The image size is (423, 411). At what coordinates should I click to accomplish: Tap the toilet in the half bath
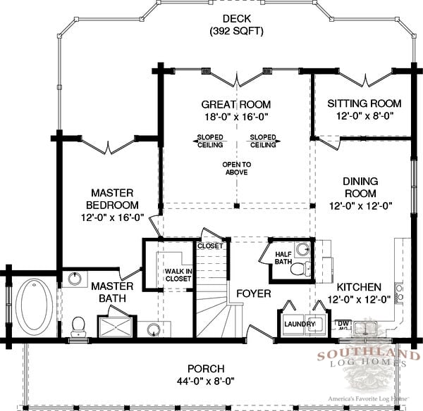coord(300,268)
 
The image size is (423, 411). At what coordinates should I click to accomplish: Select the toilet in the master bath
coord(78,326)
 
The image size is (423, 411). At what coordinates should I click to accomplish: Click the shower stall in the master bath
coord(116,327)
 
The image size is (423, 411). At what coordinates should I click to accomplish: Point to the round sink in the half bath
coord(302,249)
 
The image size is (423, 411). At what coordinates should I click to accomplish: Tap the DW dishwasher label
coord(343,323)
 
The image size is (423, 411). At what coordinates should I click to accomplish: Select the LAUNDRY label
coord(300,324)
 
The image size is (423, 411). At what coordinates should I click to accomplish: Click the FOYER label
coord(254,293)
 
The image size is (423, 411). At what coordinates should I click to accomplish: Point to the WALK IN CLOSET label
coord(178,274)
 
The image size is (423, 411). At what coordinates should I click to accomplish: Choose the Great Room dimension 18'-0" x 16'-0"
coord(236,117)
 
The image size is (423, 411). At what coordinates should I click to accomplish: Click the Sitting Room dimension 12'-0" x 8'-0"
coord(364,116)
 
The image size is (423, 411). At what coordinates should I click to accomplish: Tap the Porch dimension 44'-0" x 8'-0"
coord(206,381)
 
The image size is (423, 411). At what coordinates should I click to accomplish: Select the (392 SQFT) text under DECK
coord(237,31)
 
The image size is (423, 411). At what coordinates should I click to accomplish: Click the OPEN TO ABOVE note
coord(237,168)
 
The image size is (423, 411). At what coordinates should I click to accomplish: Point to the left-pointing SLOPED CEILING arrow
coord(209,141)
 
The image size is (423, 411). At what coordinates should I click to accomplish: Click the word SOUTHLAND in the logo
coord(369,355)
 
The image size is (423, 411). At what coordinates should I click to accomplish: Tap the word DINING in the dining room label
coord(360,182)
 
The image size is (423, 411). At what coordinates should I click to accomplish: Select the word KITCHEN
coord(359,287)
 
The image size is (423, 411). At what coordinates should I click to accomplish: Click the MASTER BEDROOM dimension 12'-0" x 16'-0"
coord(113,217)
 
